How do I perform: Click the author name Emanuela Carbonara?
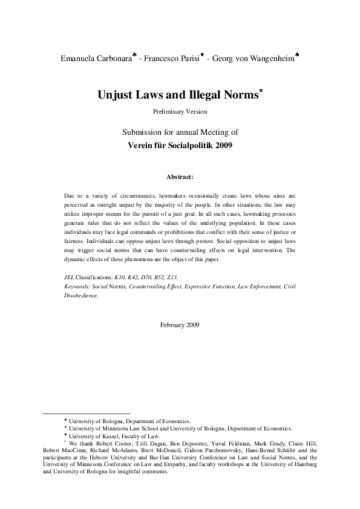click(x=96, y=60)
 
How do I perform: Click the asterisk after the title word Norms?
click(x=260, y=91)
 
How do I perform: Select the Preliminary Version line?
click(x=180, y=112)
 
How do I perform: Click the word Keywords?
click(x=77, y=287)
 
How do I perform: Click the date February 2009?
click(x=180, y=325)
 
